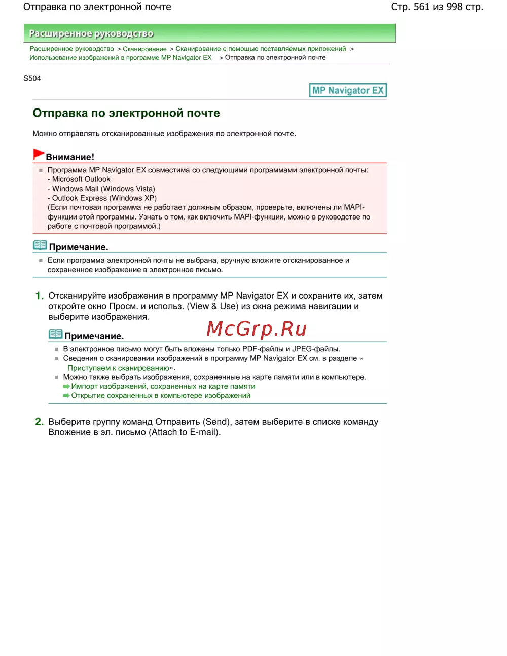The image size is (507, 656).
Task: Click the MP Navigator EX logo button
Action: tap(348, 90)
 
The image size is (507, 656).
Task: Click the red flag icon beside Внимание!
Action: tap(39, 154)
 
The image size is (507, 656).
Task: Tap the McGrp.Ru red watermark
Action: tap(257, 329)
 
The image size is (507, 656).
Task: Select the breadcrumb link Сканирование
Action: tap(144, 49)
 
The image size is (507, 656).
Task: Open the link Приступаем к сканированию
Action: tap(118, 368)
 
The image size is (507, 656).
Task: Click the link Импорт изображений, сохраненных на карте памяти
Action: tap(163, 386)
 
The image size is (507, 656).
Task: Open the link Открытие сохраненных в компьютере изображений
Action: tap(161, 396)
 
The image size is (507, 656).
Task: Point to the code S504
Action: tap(32, 78)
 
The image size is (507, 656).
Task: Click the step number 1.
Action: tap(39, 296)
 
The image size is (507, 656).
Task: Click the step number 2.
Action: tap(39, 422)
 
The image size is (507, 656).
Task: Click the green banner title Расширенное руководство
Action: tap(91, 33)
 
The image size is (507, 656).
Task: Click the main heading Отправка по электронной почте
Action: tap(126, 113)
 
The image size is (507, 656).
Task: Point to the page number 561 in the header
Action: tap(421, 7)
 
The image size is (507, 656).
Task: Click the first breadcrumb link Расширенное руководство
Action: tap(71, 49)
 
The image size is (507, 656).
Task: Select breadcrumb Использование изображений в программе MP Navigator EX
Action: tap(121, 58)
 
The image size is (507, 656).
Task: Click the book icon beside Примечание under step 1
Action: tap(55, 334)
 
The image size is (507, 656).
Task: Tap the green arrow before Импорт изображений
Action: tap(66, 387)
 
